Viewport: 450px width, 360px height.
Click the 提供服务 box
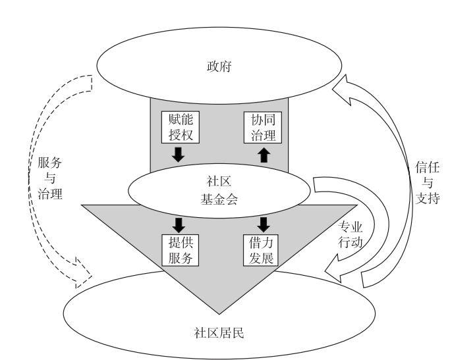tap(179, 249)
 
